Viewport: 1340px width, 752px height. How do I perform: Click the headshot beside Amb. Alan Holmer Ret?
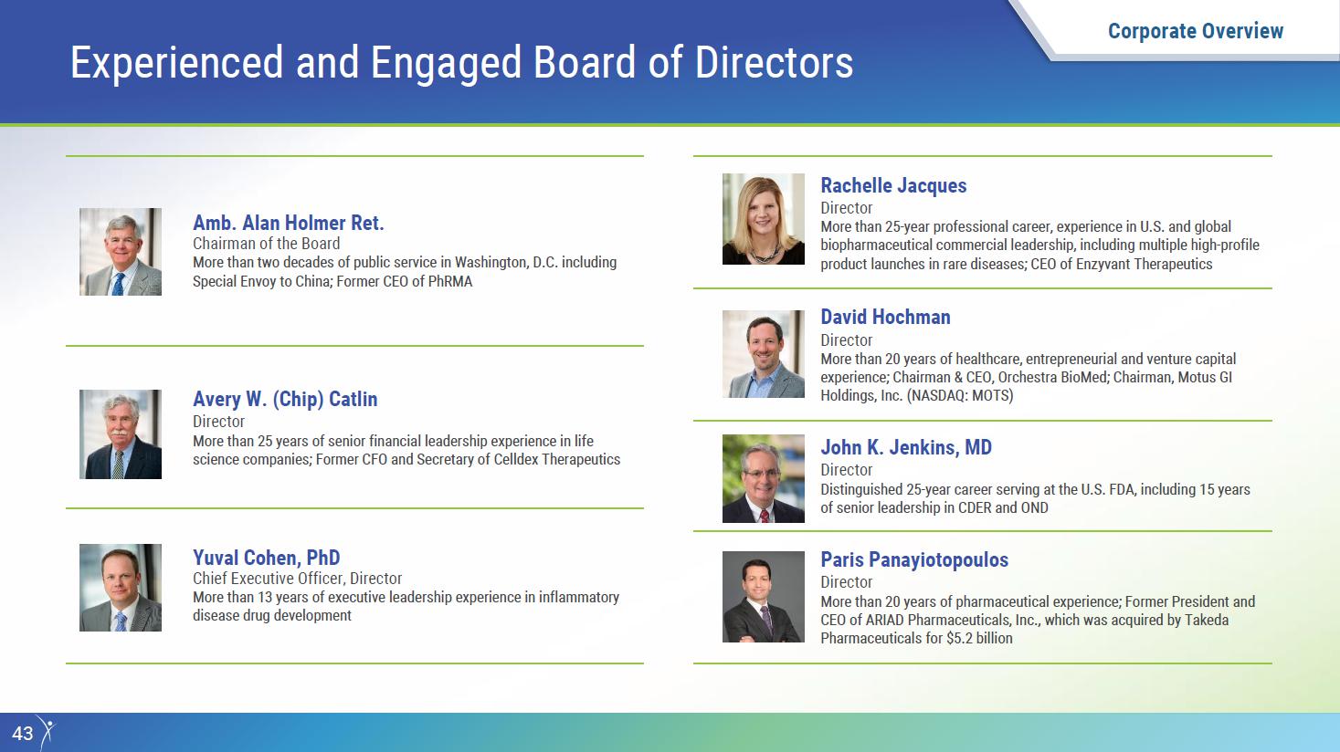pos(121,252)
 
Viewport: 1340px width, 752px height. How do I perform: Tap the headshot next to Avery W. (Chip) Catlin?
pos(121,434)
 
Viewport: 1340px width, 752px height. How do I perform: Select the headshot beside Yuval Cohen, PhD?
pos(121,588)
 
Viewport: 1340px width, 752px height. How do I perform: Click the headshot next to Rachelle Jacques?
pos(764,219)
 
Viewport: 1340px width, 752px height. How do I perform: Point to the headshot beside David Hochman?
pos(764,354)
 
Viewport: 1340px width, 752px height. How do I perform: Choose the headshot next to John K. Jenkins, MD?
pos(764,479)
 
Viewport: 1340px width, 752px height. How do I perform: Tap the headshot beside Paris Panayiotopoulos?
pos(764,597)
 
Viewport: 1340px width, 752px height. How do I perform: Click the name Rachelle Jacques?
pos(893,186)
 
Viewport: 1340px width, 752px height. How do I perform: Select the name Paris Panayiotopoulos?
pos(914,560)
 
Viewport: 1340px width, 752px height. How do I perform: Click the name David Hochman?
pos(885,317)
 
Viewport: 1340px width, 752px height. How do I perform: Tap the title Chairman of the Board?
pos(266,244)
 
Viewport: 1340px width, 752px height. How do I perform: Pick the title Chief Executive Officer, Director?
pos(297,579)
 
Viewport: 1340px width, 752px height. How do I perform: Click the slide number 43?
pos(23,734)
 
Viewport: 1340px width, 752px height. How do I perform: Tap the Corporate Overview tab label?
pos(1196,31)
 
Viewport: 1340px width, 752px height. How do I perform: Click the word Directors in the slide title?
pos(774,62)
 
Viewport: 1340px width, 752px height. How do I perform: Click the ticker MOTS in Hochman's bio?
pos(991,396)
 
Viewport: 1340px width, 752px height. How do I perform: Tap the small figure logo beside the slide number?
pos(47,732)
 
